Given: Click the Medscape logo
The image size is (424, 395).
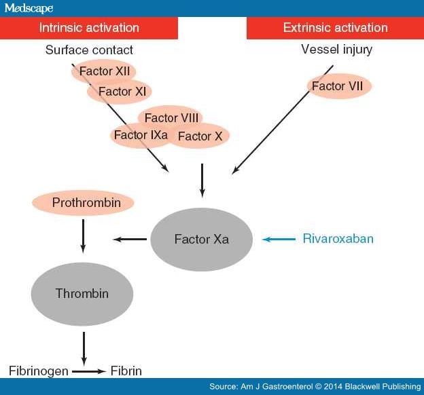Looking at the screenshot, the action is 29,8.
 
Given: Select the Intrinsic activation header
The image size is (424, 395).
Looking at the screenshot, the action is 89,28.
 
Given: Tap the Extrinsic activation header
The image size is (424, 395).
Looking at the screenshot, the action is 335,28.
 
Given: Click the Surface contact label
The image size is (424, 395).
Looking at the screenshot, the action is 89,50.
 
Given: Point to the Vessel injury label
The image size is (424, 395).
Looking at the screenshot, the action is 336,50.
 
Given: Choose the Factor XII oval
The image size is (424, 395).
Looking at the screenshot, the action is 104,71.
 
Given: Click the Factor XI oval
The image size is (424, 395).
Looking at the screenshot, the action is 120,92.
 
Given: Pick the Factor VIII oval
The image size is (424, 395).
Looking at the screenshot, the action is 171,117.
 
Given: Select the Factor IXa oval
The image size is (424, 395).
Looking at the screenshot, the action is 141,135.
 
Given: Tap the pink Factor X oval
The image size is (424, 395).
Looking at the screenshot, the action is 200,136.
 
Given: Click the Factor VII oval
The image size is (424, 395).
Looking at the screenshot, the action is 339,86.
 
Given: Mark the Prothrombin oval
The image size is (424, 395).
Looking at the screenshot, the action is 83,203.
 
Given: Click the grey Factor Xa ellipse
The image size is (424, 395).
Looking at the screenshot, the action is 201,240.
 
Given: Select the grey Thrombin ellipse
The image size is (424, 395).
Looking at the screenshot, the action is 82,294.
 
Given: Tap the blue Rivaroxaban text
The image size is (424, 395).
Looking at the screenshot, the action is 338,239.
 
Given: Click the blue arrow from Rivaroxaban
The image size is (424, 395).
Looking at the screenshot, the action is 279,239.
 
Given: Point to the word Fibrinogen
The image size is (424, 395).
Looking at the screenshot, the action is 39,371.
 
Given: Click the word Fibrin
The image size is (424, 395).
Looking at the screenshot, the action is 126,371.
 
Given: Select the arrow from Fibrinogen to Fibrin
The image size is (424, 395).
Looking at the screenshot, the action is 88,371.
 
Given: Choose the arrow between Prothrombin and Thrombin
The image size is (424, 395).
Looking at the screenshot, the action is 83,236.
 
